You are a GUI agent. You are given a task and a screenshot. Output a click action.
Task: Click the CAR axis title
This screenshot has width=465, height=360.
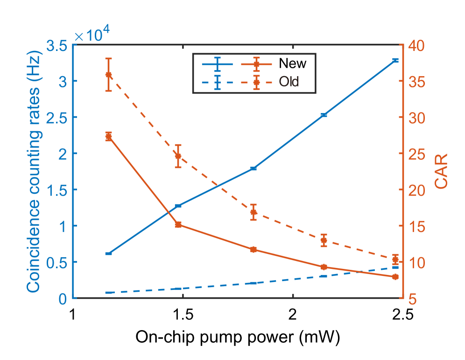(441, 171)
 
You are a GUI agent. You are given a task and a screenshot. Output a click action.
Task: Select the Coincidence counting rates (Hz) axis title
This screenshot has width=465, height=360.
(34, 171)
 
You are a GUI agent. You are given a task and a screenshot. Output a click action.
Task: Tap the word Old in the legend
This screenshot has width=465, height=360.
(289, 82)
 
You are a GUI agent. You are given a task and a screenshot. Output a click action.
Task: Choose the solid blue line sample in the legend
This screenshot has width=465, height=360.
(218, 64)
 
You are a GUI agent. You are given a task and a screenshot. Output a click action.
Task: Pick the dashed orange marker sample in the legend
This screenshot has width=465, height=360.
(256, 83)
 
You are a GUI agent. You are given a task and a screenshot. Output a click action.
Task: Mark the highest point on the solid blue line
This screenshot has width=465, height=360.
(395, 61)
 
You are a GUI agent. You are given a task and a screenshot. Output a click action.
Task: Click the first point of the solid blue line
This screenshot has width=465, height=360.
(108, 254)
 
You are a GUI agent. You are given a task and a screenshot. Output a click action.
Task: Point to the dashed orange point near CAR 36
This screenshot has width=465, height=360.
(108, 75)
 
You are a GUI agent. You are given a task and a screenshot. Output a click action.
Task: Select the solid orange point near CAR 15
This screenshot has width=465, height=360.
(178, 225)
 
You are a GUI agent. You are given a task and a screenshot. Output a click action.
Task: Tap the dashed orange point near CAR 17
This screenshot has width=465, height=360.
(254, 212)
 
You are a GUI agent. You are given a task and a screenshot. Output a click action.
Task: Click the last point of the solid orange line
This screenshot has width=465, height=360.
(395, 277)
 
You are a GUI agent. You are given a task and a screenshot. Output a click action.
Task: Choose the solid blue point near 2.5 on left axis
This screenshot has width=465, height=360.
(324, 115)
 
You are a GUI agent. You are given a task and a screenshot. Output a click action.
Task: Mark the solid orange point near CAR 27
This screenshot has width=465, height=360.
(108, 136)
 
